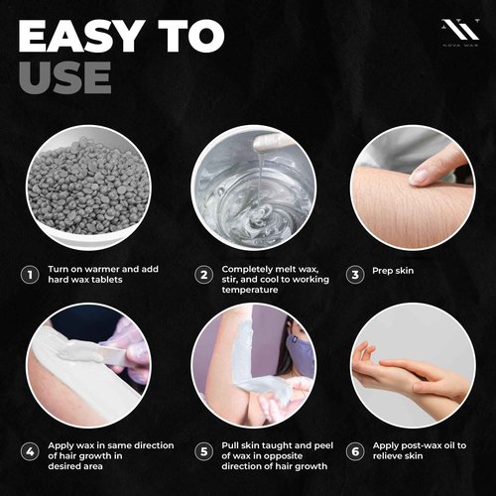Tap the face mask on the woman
pyautogui.click(x=299, y=348)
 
